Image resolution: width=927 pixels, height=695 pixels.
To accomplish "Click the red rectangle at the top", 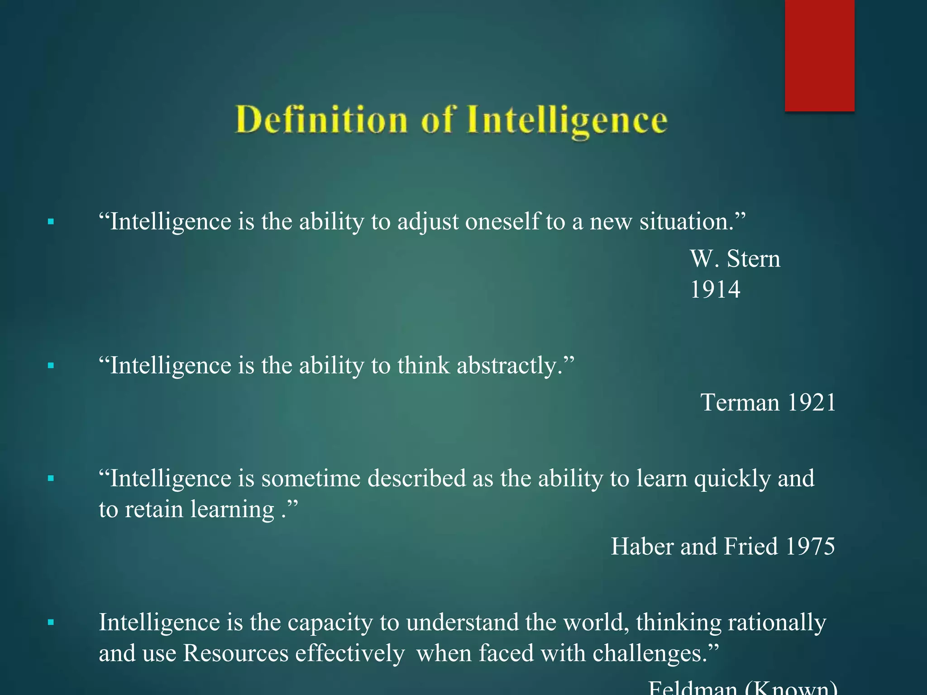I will click(819, 55).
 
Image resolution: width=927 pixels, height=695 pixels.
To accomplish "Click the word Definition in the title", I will click(321, 120).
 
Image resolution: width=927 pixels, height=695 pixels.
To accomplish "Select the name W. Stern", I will click(735, 259).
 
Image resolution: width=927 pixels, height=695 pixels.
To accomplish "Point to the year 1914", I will click(715, 290).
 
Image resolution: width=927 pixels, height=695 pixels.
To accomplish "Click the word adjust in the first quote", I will click(428, 222).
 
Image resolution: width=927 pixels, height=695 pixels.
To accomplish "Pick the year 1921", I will click(811, 402).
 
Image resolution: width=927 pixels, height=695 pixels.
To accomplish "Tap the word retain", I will click(153, 509).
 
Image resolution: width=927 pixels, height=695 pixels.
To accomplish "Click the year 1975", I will click(810, 546).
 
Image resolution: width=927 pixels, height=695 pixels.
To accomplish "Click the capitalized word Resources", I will click(235, 653).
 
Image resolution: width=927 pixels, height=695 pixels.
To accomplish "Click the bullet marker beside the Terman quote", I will click(51, 366).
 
